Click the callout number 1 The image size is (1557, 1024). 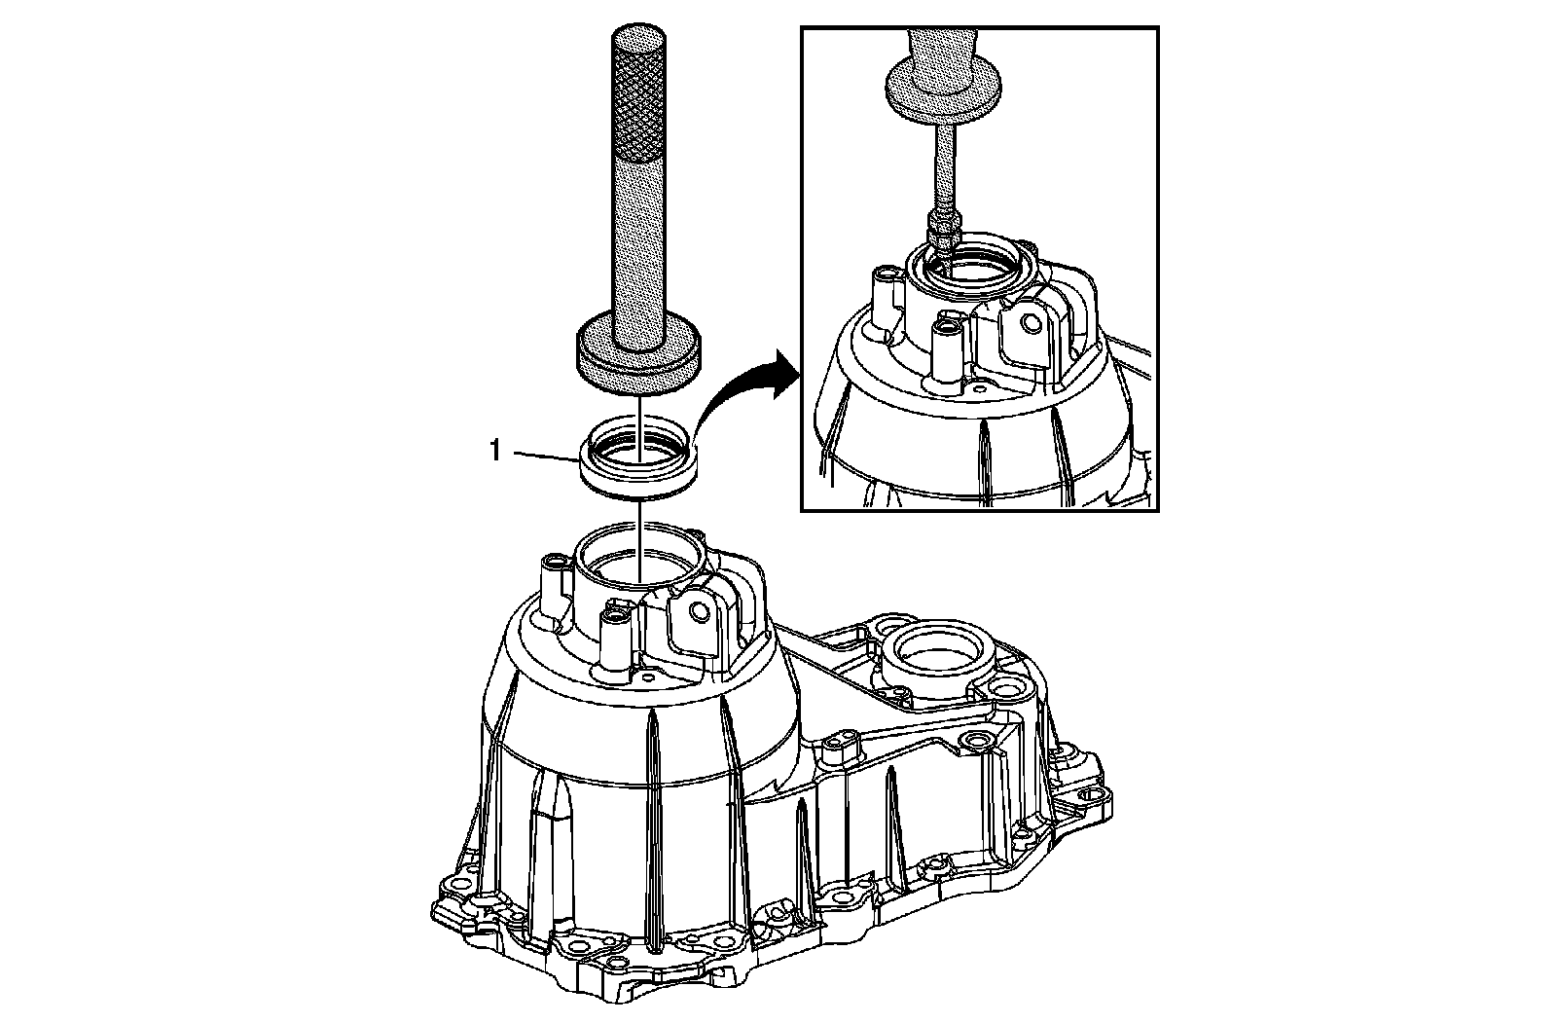click(x=496, y=452)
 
